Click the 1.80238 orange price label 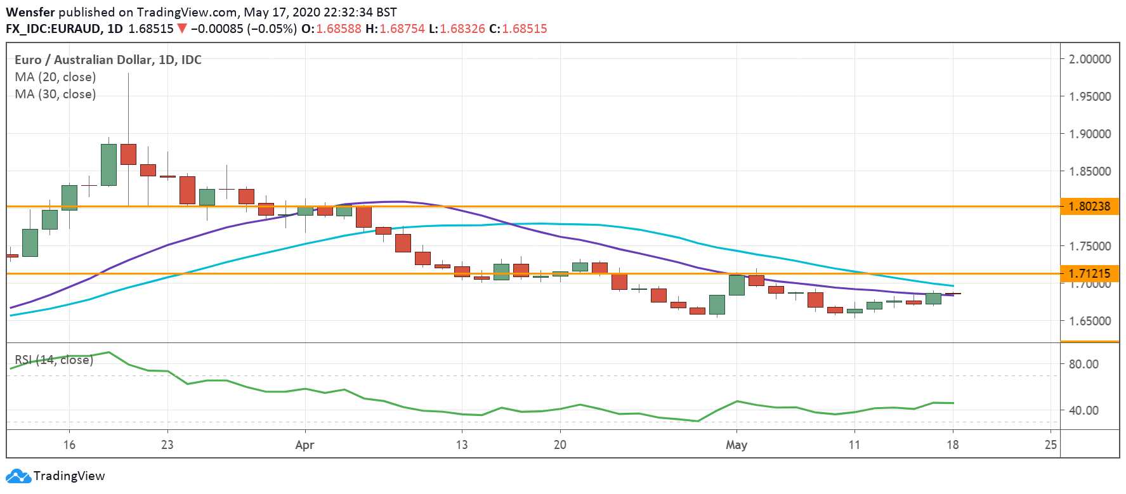tap(1089, 206)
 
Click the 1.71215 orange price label tap(1089, 274)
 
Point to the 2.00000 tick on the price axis tap(1090, 59)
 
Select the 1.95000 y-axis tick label tap(1090, 96)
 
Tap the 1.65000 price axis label tap(1090, 321)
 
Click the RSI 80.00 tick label tap(1083, 364)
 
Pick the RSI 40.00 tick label tap(1083, 410)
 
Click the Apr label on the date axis tap(304, 445)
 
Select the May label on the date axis tap(736, 445)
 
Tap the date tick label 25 tap(1051, 445)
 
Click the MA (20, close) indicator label tap(55, 77)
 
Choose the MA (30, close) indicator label tap(55, 94)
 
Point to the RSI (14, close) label tap(54, 360)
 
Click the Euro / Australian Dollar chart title tap(108, 60)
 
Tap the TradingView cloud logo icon tap(18, 476)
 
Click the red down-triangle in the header tap(182, 29)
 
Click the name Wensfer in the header tap(30, 12)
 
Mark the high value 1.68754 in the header tap(402, 29)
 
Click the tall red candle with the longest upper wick tap(128, 154)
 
